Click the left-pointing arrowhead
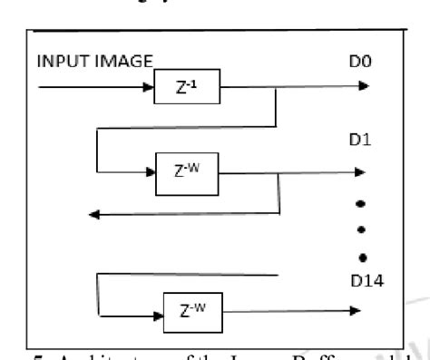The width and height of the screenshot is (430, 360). click(85, 215)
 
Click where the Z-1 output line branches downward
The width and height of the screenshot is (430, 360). click(277, 89)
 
